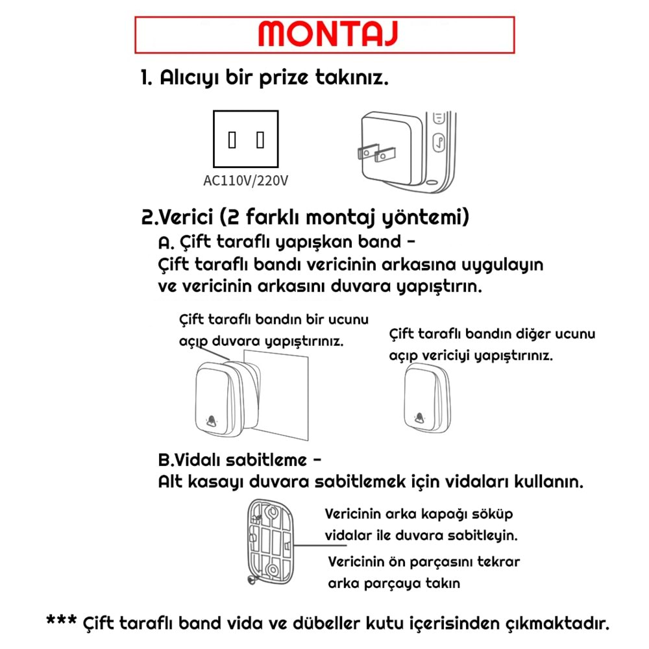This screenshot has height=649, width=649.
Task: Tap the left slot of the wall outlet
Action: click(232, 140)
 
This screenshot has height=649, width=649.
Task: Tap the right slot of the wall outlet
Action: click(260, 140)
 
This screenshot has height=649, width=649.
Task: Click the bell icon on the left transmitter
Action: click(212, 422)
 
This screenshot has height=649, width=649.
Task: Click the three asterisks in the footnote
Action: click(62, 622)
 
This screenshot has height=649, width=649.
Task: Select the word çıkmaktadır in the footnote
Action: click(557, 624)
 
